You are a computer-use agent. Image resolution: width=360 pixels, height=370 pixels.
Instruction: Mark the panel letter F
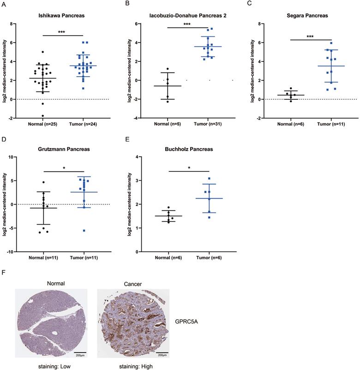tap(5, 273)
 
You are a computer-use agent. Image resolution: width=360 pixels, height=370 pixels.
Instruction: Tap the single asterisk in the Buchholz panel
tap(189, 168)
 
